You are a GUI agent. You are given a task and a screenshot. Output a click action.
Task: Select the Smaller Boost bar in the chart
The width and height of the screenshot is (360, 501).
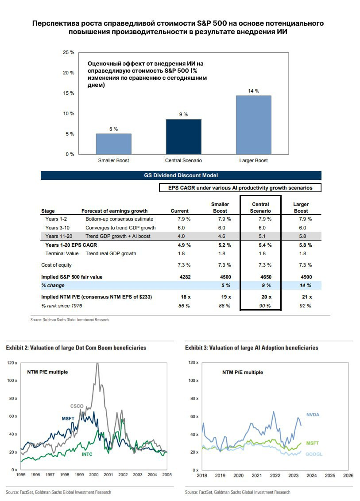[x=113, y=144]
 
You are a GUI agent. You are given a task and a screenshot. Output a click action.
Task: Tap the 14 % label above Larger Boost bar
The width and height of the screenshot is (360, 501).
[x=254, y=91]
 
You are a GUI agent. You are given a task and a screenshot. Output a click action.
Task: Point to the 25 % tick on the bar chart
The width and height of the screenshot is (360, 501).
[x=69, y=52]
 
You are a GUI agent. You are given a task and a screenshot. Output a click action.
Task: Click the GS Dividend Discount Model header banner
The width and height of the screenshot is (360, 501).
[x=181, y=175]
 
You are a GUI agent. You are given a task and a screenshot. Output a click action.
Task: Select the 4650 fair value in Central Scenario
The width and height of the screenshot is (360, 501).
[x=260, y=277]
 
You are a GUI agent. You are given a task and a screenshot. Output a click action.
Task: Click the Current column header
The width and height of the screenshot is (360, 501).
[x=179, y=211]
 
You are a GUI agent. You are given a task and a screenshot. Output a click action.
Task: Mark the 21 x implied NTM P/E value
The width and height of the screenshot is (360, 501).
[x=301, y=297]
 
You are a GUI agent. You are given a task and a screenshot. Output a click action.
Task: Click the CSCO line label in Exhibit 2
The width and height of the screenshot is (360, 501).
[x=77, y=406]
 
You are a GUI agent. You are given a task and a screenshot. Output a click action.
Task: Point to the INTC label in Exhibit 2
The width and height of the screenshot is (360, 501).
[x=88, y=454]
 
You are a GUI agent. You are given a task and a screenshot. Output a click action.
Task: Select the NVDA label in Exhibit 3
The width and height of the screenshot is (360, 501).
[x=313, y=415]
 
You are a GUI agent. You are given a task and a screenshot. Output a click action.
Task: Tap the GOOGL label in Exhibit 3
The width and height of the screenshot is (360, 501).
[x=314, y=454]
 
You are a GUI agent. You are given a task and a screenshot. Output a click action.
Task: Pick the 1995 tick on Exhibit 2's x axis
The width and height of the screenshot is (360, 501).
[x=20, y=475]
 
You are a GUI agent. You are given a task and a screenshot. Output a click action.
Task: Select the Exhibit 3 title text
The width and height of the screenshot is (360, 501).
[x=252, y=348]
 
